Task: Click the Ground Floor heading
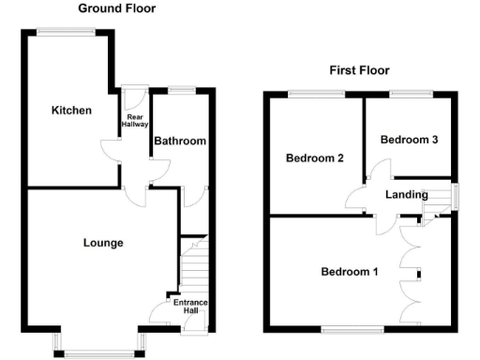(x=116, y=8)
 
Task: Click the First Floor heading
(x=359, y=70)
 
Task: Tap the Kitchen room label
(x=71, y=111)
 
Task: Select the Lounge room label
(x=103, y=243)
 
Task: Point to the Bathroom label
(x=180, y=142)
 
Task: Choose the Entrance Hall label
(x=189, y=307)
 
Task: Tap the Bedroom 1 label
(x=350, y=273)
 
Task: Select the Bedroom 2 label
(x=314, y=158)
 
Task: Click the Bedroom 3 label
(x=409, y=140)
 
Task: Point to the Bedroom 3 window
(x=410, y=93)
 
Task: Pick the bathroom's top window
(x=182, y=90)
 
